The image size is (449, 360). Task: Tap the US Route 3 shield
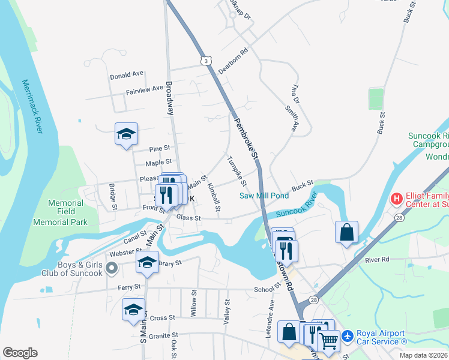pyautogui.click(x=206, y=61)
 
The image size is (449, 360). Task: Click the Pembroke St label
pyautogui.click(x=246, y=137)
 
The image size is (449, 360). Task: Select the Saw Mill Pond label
pyautogui.click(x=264, y=196)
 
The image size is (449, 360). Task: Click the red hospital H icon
pyautogui.click(x=396, y=198)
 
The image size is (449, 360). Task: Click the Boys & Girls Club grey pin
pyautogui.click(x=111, y=268)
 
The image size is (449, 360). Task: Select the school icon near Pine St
pyautogui.click(x=127, y=133)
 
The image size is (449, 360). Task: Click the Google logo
pyautogui.click(x=20, y=353)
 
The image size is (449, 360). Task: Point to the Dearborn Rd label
pyautogui.click(x=233, y=61)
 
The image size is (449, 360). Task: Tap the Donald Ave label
pyautogui.click(x=127, y=75)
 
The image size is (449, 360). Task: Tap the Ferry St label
pyautogui.click(x=129, y=287)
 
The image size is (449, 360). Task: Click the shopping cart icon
pyautogui.click(x=329, y=340)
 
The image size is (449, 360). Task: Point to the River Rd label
pyautogui.click(x=377, y=260)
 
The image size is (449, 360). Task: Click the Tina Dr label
pyautogui.click(x=294, y=92)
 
